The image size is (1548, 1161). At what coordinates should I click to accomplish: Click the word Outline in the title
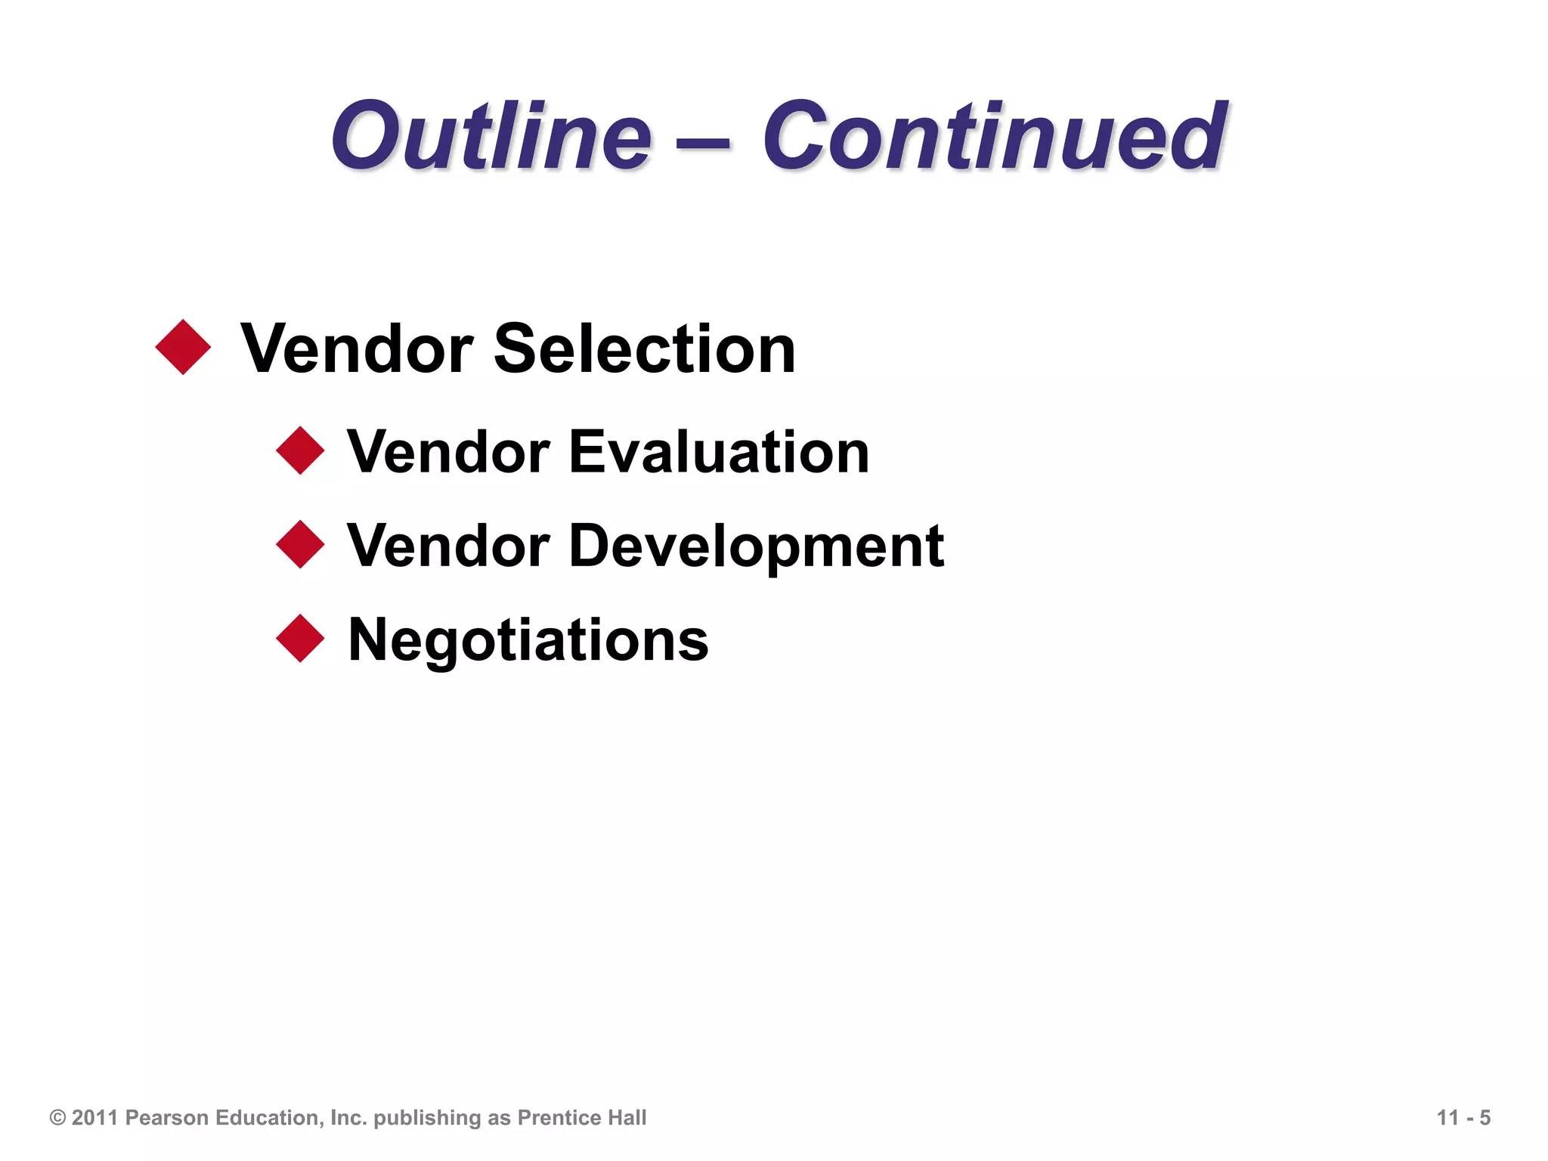[491, 137]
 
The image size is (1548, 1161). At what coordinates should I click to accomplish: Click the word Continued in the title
[994, 137]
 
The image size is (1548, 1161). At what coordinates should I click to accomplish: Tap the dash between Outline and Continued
[704, 141]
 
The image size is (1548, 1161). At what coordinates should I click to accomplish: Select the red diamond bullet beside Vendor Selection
[183, 348]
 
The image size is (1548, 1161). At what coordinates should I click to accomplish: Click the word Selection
[644, 348]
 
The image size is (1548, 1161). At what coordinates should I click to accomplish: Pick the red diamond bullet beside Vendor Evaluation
[300, 451]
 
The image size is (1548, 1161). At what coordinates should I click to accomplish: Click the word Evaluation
[719, 452]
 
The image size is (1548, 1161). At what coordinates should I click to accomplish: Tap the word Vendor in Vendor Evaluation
[448, 452]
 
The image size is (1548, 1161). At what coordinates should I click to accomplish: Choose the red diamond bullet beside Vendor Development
[300, 545]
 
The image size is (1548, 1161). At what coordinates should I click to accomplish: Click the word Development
[756, 546]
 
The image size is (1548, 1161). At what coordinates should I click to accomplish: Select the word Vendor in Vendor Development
[448, 546]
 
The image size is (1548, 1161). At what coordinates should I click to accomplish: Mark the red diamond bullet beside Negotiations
[300, 639]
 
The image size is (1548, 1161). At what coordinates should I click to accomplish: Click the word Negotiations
[528, 640]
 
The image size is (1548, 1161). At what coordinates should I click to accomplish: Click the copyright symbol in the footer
[57, 1118]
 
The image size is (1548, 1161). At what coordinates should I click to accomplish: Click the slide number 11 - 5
[1463, 1118]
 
